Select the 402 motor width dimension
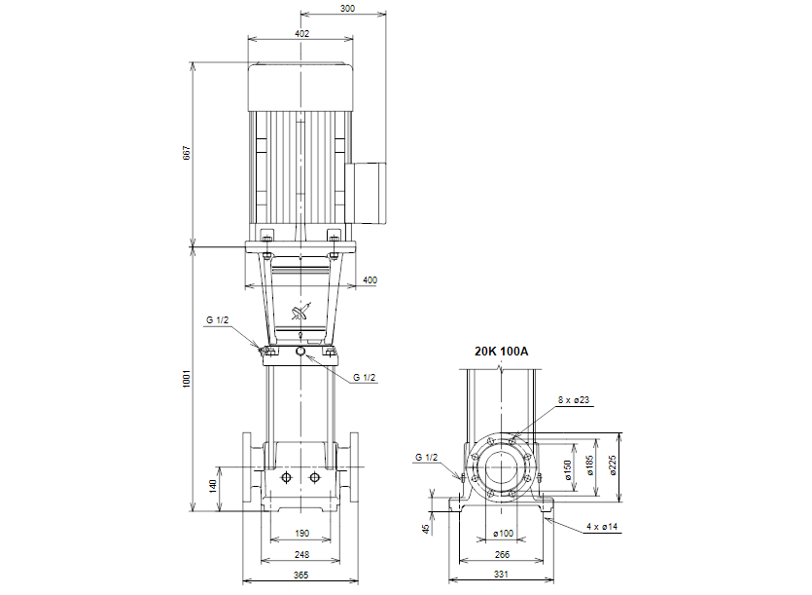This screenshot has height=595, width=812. click(301, 33)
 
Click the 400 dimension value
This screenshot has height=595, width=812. click(370, 280)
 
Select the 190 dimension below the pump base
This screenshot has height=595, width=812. click(300, 534)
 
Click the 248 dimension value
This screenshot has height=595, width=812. click(300, 555)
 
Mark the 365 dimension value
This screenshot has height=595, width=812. click(300, 576)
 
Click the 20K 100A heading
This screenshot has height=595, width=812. click(501, 352)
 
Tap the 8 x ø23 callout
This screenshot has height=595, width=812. click(575, 400)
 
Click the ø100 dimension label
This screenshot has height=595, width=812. click(503, 534)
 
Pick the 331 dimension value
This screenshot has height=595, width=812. click(503, 576)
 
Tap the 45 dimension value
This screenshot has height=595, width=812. click(426, 529)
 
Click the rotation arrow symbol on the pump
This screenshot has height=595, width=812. click(300, 313)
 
